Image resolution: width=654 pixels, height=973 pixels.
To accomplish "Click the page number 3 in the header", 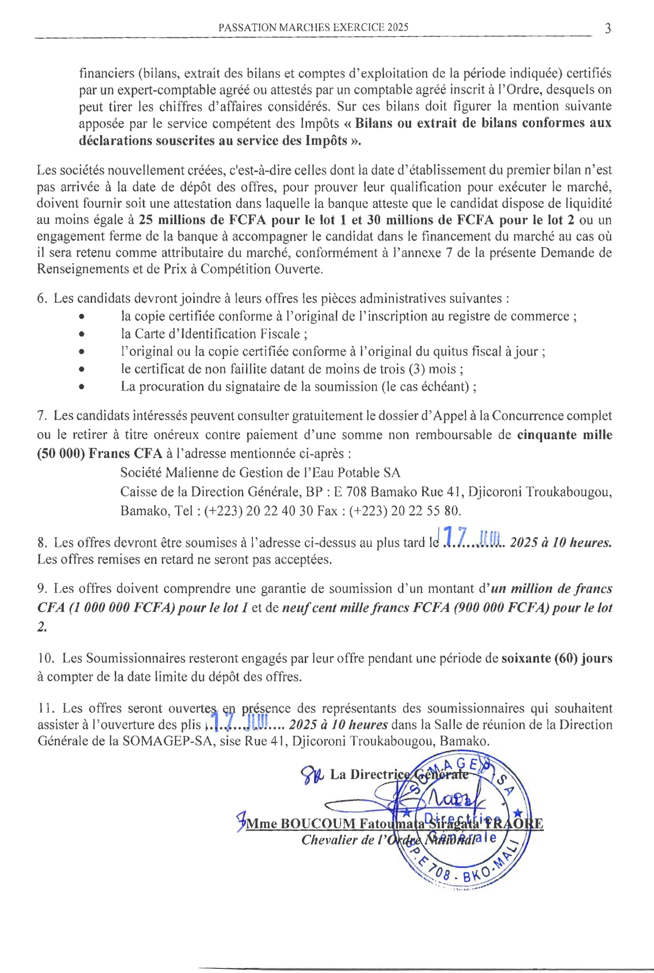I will point(608,29).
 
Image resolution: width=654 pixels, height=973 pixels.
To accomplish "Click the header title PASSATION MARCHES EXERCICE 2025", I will point(313,27).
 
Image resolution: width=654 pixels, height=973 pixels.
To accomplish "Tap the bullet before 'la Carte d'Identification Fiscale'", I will point(81,334).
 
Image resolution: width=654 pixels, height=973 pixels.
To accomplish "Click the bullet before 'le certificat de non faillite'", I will point(81,369).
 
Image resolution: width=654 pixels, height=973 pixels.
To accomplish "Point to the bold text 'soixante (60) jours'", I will point(557,658).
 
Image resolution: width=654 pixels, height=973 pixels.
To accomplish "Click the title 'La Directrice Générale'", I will point(398,774).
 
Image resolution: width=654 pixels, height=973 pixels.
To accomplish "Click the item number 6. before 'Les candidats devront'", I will point(42,299).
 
